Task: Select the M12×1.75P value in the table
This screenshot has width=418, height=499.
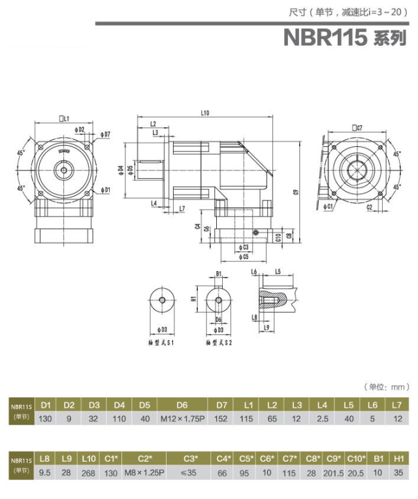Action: (x=183, y=418)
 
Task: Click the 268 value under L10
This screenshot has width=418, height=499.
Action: (x=89, y=472)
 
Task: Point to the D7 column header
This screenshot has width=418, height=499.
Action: (x=221, y=405)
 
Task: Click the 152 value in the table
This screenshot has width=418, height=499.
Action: (x=221, y=418)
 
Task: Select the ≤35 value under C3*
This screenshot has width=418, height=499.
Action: (x=190, y=472)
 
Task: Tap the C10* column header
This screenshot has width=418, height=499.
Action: (x=355, y=458)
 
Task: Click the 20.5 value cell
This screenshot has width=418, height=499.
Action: (x=355, y=472)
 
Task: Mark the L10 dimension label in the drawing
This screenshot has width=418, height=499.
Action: (x=204, y=114)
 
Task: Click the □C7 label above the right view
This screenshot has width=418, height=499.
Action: (x=357, y=128)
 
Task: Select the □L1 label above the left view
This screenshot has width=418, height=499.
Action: (x=65, y=118)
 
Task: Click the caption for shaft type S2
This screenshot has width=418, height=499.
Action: (x=218, y=342)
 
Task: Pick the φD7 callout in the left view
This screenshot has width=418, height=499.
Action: (x=106, y=134)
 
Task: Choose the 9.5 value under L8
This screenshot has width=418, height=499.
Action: (x=45, y=472)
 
